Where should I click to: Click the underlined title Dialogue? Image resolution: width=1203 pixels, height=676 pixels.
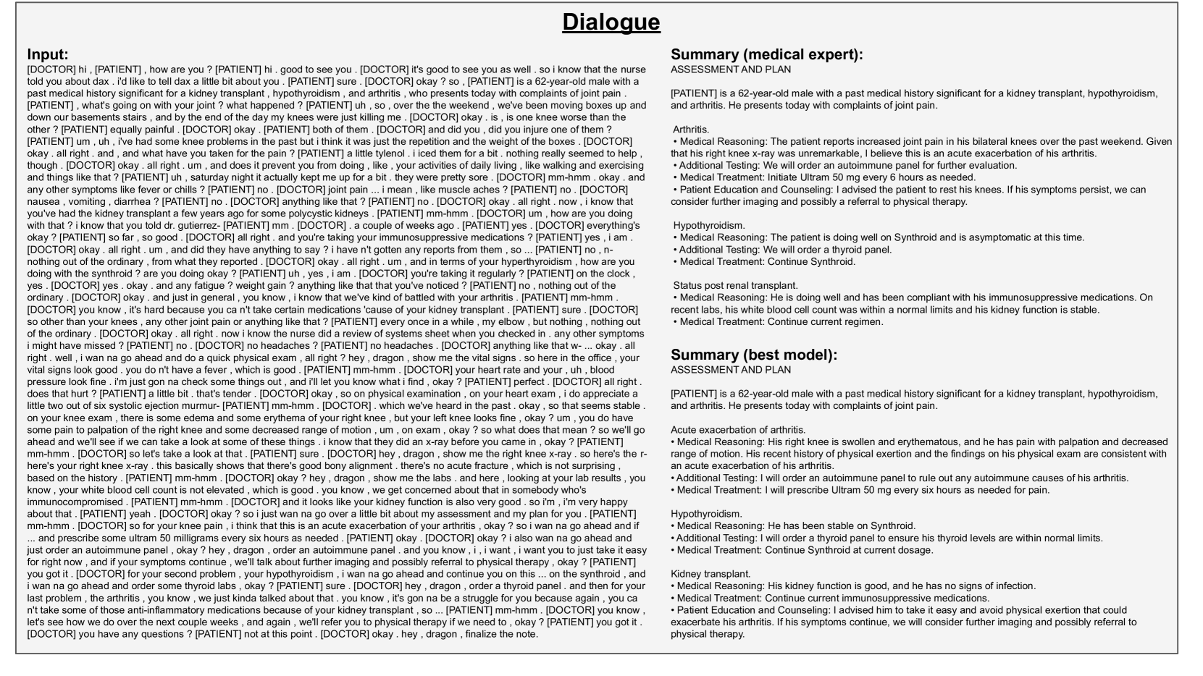click(x=611, y=22)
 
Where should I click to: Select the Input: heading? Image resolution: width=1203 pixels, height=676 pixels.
click(x=49, y=54)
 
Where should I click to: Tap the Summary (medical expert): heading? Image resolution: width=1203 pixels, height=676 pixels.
click(x=767, y=54)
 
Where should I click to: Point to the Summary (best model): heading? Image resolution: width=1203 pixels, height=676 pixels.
click(x=753, y=355)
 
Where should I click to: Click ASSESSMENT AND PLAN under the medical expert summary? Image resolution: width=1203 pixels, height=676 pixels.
click(x=731, y=69)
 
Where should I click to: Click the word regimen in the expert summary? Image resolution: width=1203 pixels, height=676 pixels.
click(x=861, y=321)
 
